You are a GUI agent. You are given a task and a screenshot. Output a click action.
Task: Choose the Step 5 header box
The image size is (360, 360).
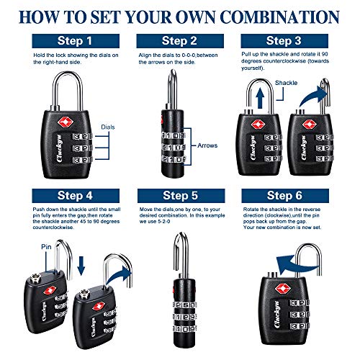[x=179, y=195]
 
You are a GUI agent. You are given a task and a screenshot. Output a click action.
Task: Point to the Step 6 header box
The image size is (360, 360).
[x=294, y=195]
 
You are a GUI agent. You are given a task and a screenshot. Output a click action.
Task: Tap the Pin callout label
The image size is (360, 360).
[x=27, y=246]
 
